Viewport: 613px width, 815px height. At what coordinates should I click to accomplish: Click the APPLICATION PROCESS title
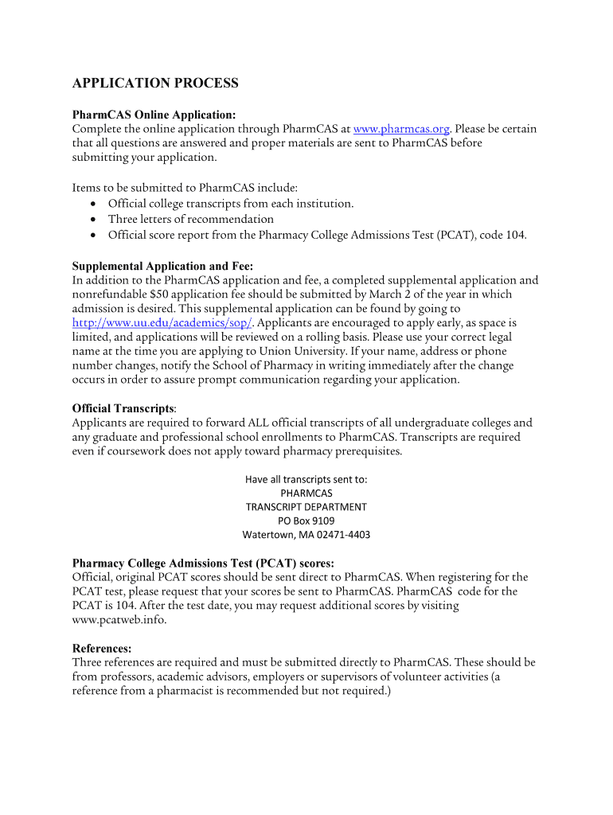pos(155,84)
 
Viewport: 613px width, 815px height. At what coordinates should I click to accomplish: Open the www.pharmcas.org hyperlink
pos(402,129)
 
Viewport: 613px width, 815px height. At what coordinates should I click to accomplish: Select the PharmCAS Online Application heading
pos(154,115)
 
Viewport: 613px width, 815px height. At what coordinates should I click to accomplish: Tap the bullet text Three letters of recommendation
pos(191,219)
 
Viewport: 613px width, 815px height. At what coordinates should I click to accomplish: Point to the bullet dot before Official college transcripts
pos(94,205)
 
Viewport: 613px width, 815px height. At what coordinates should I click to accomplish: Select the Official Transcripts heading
pos(123,408)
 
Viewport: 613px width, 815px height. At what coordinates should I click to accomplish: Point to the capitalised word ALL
pos(262,423)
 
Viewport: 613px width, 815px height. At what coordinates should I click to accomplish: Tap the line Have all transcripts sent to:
pos(306,479)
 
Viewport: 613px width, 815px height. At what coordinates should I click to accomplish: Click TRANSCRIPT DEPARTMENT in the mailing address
pos(306,507)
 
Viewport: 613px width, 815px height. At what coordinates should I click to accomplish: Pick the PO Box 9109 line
pos(306,521)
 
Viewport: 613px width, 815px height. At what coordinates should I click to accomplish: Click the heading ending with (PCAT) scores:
pos(203,563)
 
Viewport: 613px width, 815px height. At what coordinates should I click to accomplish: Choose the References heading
pos(102,648)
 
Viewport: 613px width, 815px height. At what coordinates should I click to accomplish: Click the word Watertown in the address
pos(268,535)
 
